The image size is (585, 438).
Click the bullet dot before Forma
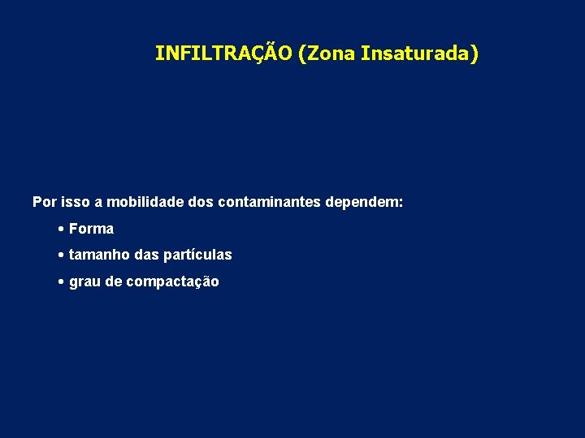coord(62,229)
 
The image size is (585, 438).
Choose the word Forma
coord(91,229)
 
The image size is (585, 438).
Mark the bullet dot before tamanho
coord(62,255)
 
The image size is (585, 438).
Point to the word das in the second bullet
coord(147,255)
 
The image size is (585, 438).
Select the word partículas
coord(198,255)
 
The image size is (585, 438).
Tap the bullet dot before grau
coord(62,282)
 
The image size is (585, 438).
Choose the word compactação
coord(173,282)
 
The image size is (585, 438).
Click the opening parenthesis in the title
coord(302,54)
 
